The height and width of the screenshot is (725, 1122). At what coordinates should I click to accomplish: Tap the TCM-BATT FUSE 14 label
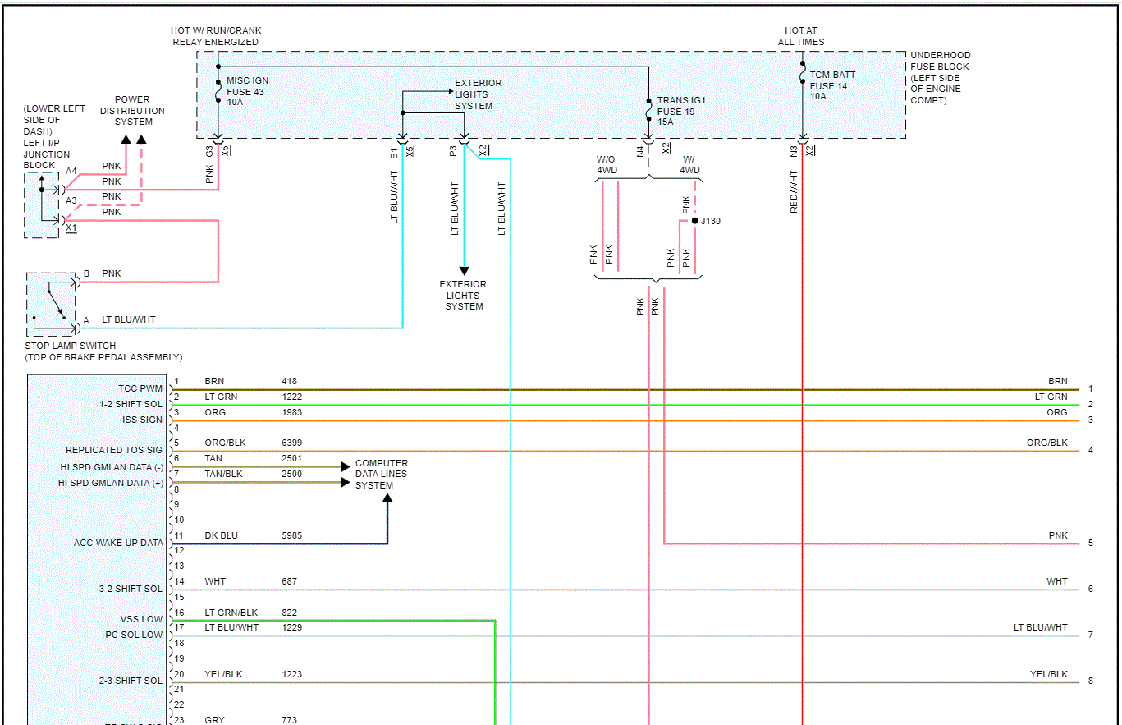(x=832, y=85)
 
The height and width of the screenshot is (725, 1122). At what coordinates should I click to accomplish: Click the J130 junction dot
(x=694, y=221)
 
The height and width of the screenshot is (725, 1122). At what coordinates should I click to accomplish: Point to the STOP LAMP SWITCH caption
(x=71, y=346)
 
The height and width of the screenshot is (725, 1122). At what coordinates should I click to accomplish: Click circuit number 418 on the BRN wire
(x=289, y=381)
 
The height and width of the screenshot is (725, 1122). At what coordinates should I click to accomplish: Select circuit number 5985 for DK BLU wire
(x=291, y=535)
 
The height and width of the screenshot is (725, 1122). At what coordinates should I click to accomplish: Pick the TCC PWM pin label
(x=140, y=388)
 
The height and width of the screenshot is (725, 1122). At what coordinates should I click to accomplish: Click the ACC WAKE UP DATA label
(x=118, y=543)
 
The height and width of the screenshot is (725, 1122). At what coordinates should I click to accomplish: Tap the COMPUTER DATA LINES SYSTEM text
(x=381, y=475)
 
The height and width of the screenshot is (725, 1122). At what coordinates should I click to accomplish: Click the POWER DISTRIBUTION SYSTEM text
(x=133, y=111)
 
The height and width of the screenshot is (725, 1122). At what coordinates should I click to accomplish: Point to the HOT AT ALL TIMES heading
(x=801, y=36)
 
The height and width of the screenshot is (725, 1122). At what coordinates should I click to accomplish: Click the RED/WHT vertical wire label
(x=794, y=191)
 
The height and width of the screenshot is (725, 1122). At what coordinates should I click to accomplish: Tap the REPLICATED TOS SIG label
(x=114, y=450)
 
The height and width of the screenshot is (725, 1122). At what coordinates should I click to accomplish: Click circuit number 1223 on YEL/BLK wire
(x=291, y=674)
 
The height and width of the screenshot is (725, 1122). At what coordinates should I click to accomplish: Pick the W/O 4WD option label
(x=608, y=165)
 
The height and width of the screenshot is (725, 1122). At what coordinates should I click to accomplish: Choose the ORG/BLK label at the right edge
(x=1046, y=443)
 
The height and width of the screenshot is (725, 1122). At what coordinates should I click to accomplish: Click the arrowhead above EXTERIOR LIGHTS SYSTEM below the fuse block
(x=464, y=271)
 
